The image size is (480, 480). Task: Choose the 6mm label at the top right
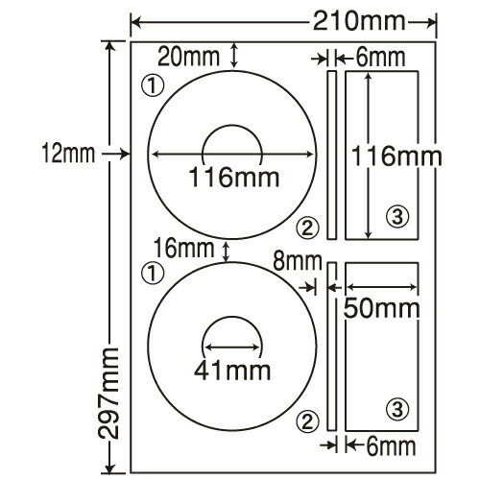379,58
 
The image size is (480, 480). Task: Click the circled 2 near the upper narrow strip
306,227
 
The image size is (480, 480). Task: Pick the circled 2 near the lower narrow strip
306,418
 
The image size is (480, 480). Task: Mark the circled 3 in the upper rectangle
396,213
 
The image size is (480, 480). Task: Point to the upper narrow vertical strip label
332,154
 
